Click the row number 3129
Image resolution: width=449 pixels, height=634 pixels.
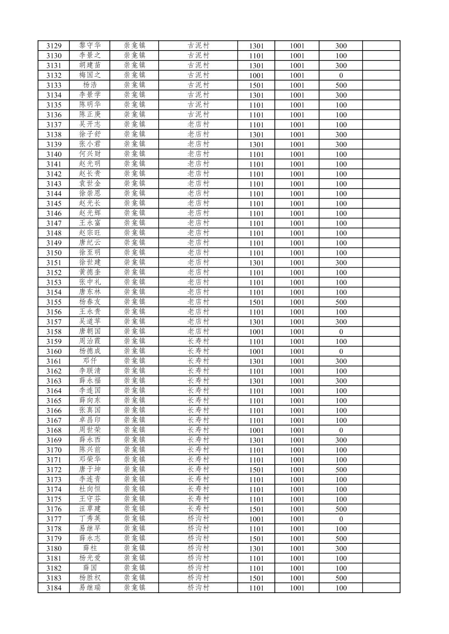tap(54, 46)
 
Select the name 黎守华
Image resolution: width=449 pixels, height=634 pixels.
tap(90, 45)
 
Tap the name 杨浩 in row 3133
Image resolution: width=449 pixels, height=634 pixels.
tap(90, 85)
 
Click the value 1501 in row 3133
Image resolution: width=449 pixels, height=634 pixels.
tap(256, 85)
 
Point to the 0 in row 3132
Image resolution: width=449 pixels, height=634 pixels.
tap(341, 76)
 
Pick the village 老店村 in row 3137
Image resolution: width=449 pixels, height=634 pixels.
tap(198, 124)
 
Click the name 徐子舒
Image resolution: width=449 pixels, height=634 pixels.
tap(90, 134)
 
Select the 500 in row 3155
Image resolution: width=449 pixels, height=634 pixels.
tap(341, 302)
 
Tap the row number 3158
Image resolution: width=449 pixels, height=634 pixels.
tap(54, 332)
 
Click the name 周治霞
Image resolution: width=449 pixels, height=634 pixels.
tap(90, 341)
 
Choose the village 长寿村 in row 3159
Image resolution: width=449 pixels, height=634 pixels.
tap(198, 341)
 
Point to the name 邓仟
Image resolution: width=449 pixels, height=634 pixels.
tap(90, 361)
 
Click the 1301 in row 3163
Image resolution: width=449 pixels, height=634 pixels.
tap(256, 381)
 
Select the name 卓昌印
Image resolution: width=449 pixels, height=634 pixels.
tap(90, 420)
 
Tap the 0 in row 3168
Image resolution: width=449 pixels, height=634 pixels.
tap(341, 430)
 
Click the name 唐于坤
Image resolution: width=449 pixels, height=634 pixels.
tap(90, 470)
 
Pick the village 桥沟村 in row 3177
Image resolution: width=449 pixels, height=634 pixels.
tap(198, 519)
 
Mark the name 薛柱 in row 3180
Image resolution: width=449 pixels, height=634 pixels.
tap(90, 548)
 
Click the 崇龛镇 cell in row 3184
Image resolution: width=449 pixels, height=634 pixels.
tap(134, 588)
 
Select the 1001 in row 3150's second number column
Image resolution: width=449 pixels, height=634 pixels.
tap(297, 253)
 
